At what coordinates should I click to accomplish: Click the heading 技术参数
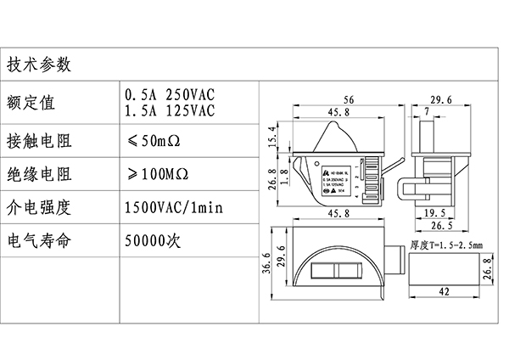pos(40,65)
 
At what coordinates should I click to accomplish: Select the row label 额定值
pos(31,104)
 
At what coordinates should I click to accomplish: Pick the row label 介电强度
pos(40,206)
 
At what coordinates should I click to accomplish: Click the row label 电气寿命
pos(40,240)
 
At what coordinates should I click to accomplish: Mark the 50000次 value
pos(154,240)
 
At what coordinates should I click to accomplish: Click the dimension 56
pos(348,99)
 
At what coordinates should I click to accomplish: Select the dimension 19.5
pos(435,213)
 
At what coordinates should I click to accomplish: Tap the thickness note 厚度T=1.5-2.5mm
pos(446,245)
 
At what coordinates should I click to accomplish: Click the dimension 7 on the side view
pos(424,113)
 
